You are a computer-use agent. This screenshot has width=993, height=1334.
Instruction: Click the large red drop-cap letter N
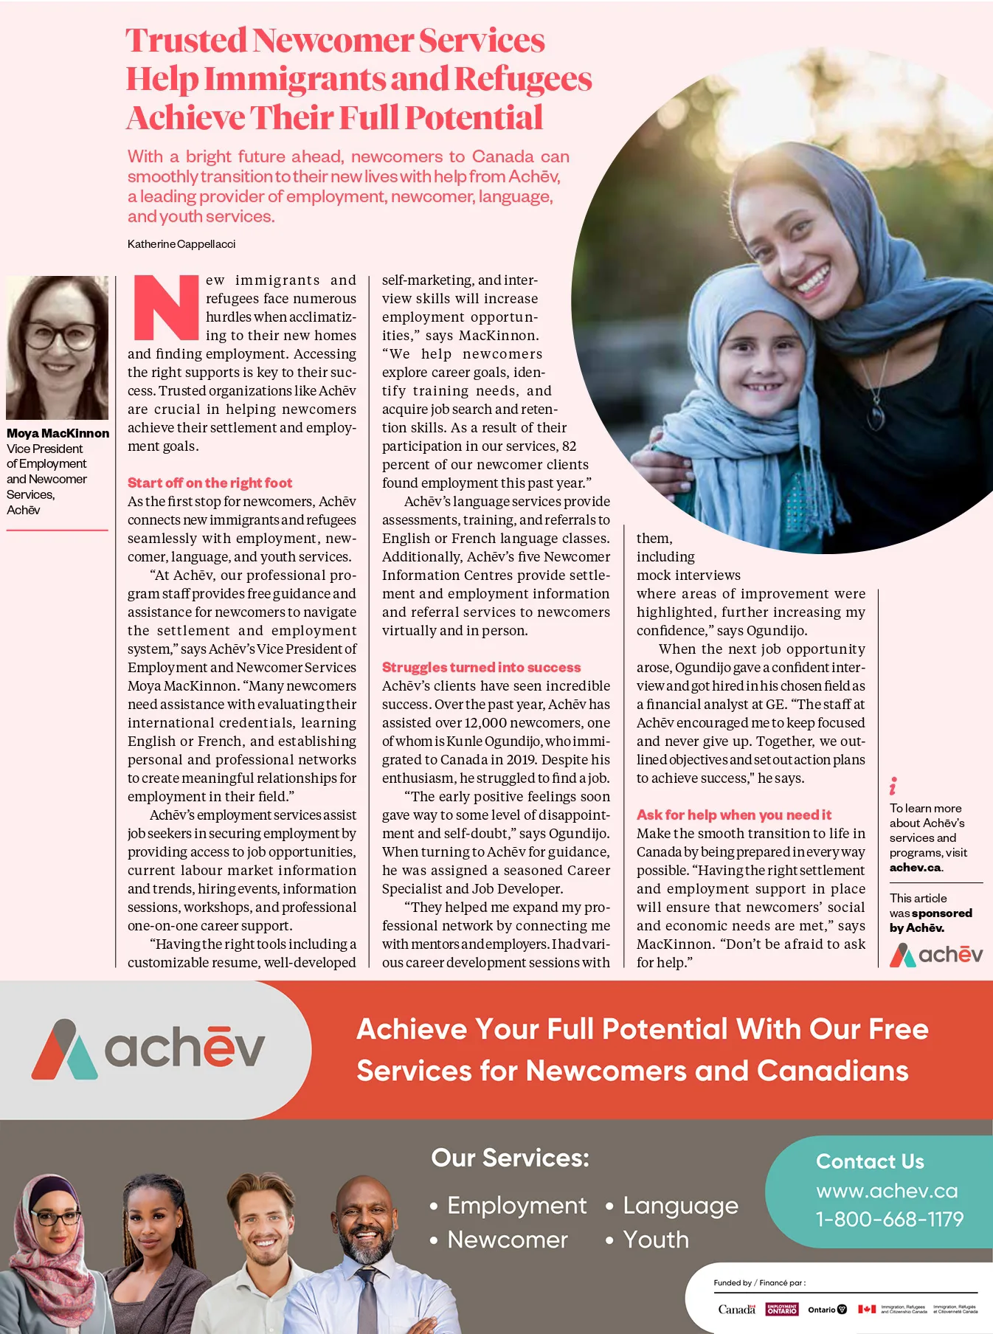(x=166, y=308)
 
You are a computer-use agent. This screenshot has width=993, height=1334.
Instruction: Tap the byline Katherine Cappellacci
(x=181, y=244)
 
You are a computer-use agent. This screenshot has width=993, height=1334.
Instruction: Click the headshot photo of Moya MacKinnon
(x=58, y=348)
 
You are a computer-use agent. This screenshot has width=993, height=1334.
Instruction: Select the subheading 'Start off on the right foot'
(x=210, y=483)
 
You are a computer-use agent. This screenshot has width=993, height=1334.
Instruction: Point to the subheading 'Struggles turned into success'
(x=481, y=668)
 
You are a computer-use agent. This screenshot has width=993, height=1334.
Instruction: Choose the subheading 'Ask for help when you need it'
(x=733, y=815)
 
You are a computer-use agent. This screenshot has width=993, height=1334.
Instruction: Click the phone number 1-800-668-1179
(x=889, y=1220)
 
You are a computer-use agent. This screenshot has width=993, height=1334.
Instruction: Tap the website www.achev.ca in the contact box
(x=887, y=1191)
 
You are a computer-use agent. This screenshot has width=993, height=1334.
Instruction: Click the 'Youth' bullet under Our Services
(x=656, y=1240)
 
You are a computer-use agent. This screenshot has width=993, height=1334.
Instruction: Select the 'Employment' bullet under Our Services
(x=516, y=1206)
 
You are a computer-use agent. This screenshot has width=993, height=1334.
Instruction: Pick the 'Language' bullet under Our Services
(x=680, y=1206)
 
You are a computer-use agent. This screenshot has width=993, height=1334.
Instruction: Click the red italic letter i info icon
(x=893, y=786)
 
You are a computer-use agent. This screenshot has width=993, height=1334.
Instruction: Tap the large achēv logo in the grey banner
(x=148, y=1048)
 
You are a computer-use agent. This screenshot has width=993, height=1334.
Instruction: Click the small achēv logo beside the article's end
(x=935, y=955)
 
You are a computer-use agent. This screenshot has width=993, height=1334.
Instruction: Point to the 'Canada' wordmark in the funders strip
(x=736, y=1310)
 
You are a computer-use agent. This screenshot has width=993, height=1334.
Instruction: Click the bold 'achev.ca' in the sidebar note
(x=916, y=868)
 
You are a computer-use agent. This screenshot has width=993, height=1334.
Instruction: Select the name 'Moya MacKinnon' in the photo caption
(x=58, y=434)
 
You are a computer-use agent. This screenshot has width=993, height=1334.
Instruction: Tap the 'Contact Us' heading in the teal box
(x=870, y=1162)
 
